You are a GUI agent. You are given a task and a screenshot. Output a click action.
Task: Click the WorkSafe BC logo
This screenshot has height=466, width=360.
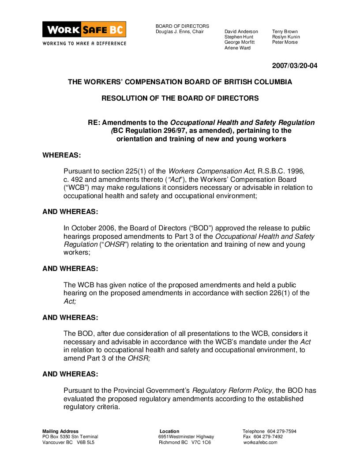tap(84, 30)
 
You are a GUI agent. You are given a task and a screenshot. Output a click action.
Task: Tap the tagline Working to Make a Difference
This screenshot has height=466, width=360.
tap(84, 43)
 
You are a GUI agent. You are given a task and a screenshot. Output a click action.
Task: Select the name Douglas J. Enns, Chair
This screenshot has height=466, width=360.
tap(180, 32)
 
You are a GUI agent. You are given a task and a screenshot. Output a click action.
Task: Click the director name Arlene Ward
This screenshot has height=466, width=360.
tap(237, 48)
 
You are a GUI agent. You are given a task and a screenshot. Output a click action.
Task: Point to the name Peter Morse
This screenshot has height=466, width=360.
tap(285, 42)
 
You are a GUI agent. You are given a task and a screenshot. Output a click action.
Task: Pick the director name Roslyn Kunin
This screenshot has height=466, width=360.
tap(285, 37)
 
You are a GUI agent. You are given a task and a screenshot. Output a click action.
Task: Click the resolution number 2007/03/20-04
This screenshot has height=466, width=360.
tap(294, 66)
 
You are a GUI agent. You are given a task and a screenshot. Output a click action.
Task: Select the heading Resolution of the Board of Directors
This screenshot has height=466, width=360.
tap(180, 98)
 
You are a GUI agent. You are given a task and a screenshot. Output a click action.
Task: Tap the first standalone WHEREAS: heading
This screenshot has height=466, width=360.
tap(62, 155)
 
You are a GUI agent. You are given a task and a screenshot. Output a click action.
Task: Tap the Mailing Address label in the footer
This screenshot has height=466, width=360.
tap(60, 431)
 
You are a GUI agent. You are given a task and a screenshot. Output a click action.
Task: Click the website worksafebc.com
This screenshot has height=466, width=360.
tap(260, 442)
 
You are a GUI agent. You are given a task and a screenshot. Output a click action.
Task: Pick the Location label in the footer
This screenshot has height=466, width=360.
tap(169, 431)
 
